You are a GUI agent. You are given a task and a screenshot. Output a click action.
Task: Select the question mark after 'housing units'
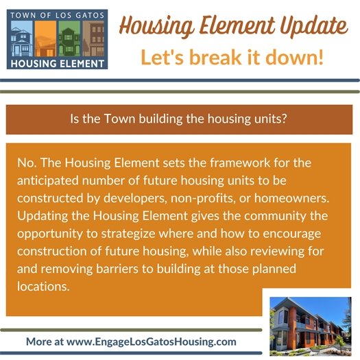point(283,119)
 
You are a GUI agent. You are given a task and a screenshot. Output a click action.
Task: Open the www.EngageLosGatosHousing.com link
point(152,341)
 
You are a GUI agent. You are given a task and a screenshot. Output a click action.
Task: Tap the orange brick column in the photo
point(296,326)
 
